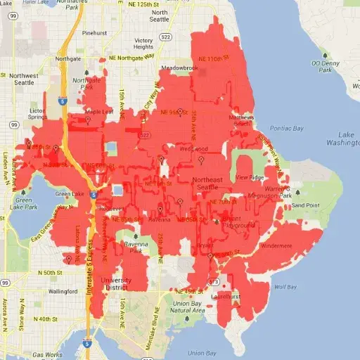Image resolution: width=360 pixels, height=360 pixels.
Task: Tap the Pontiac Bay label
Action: (288, 129)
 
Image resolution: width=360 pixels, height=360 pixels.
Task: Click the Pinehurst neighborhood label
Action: (94, 32)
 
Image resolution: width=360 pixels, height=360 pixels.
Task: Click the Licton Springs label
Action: (38, 114)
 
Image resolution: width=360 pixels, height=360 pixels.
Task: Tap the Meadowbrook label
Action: (176, 68)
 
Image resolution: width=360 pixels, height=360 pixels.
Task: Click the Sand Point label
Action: (306, 205)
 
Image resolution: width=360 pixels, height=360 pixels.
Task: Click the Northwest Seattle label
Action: (24, 79)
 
